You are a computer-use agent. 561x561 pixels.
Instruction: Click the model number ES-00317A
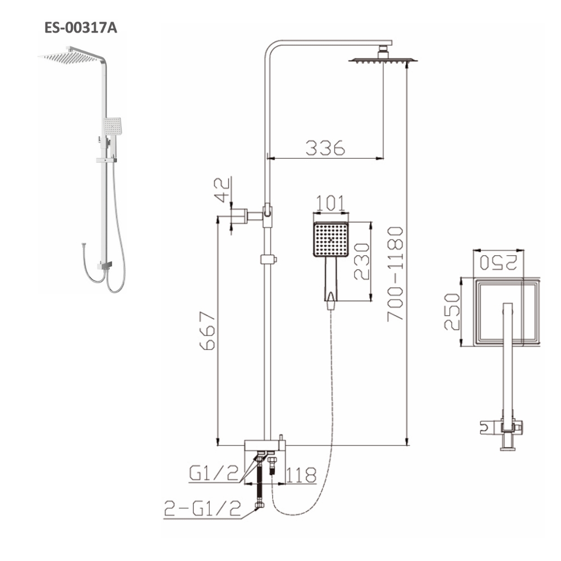click(81, 28)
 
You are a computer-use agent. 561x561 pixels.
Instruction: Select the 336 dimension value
click(325, 147)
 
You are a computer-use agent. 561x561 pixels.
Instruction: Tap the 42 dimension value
click(223, 189)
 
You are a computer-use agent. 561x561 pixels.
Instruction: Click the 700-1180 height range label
click(396, 273)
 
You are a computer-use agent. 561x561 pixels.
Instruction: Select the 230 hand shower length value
click(361, 261)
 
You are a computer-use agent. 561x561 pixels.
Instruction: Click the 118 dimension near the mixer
click(301, 475)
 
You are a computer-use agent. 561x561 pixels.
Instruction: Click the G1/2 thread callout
click(212, 474)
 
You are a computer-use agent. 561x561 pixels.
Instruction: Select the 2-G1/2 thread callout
click(203, 509)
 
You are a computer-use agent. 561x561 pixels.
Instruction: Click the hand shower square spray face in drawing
click(331, 239)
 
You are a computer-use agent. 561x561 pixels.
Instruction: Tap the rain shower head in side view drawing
click(384, 59)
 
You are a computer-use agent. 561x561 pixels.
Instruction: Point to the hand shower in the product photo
click(112, 127)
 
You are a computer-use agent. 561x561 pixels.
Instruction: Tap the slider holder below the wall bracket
click(268, 259)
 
